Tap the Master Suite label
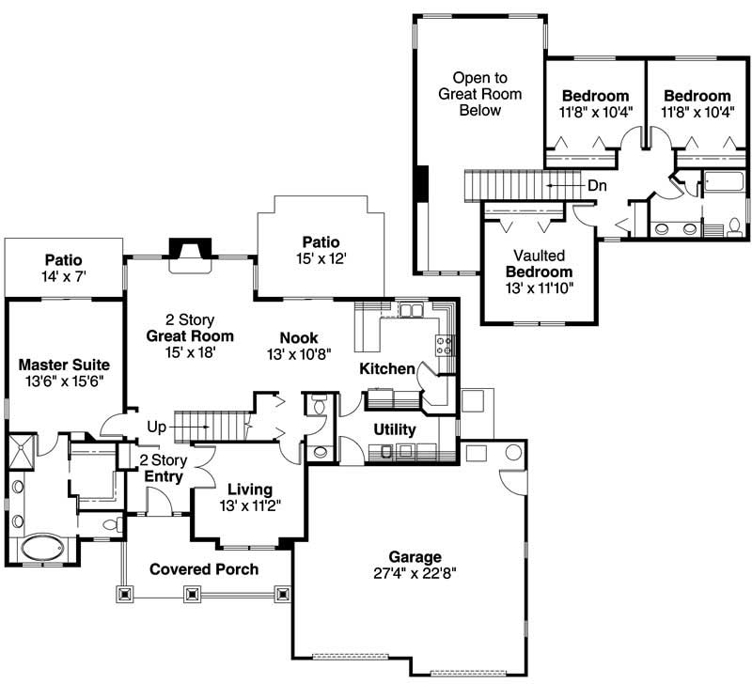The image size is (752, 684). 64,365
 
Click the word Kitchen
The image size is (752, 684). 387,369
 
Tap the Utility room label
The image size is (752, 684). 395,429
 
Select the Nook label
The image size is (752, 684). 299,338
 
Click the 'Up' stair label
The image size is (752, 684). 156,427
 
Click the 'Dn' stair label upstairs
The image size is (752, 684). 598,186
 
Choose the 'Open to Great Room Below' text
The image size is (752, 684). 479,94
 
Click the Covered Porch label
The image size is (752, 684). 204,569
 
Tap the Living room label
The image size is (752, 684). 249,490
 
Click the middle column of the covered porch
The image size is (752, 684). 192,594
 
